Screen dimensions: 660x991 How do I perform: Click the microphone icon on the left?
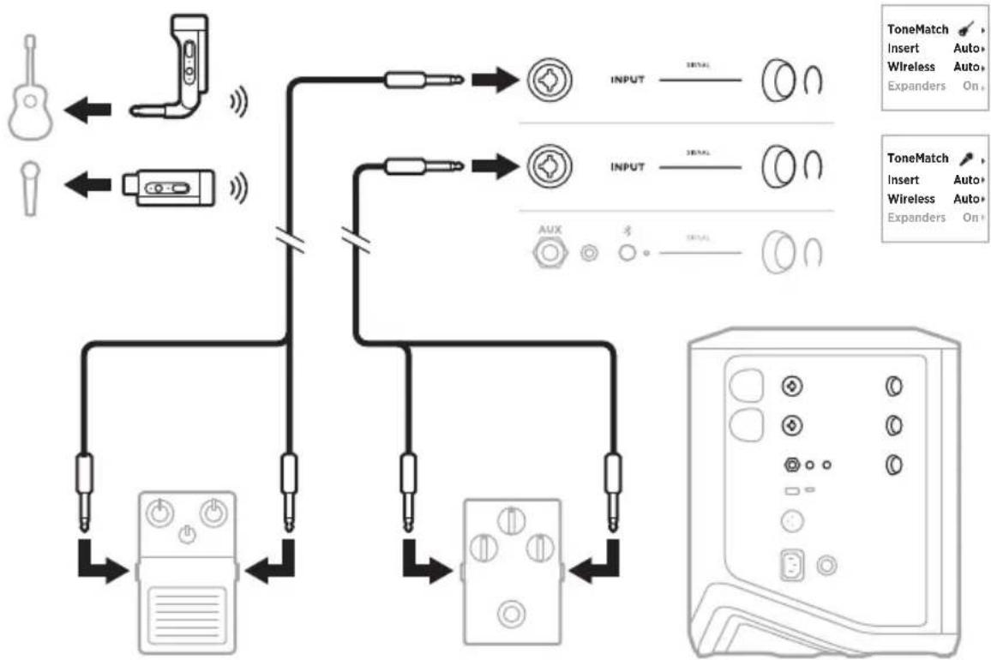tap(28, 184)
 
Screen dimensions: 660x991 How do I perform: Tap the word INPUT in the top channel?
tap(627, 82)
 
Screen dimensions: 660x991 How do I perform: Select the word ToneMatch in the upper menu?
tap(917, 29)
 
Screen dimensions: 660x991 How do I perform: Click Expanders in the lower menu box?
tap(916, 218)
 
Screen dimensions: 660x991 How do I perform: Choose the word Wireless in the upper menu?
tap(911, 67)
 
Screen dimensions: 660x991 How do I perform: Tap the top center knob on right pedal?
tap(512, 519)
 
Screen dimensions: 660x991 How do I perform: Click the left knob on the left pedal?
tap(158, 514)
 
